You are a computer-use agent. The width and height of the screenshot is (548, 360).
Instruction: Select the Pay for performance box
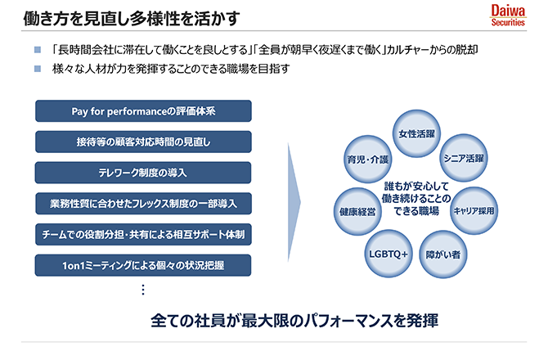pos(143,110)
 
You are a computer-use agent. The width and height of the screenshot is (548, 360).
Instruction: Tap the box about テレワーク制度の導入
pos(143,173)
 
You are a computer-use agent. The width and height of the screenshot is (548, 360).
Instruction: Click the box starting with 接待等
pos(143,142)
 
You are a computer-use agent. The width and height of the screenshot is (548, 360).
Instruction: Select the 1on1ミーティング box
pos(143,265)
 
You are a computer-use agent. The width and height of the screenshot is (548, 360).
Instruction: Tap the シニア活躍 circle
pos(463,158)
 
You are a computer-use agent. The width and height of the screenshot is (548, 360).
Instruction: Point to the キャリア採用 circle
pos(475,210)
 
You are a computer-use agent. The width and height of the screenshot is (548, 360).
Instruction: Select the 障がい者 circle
pos(444,254)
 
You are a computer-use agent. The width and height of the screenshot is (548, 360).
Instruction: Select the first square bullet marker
pos(38,49)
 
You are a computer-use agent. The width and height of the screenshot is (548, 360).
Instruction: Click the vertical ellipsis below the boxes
pos(142,290)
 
